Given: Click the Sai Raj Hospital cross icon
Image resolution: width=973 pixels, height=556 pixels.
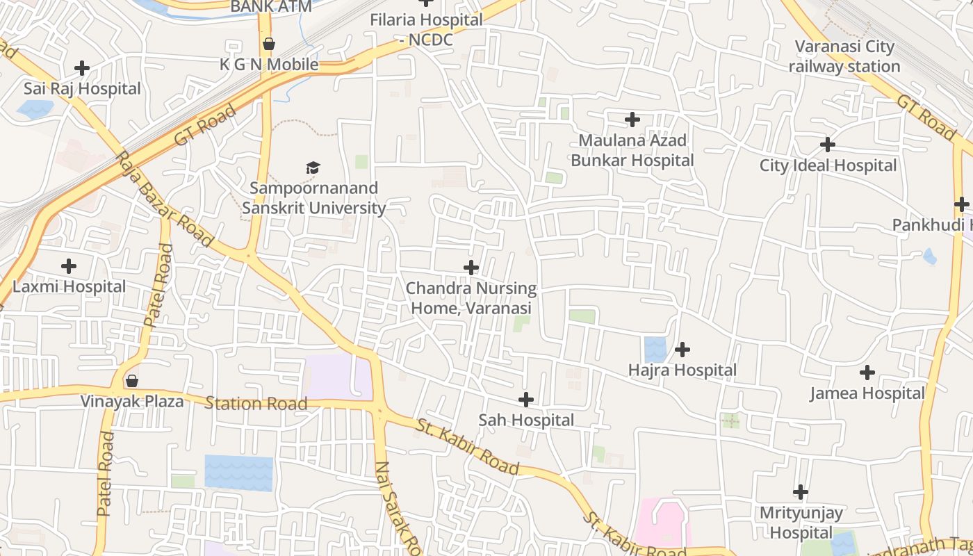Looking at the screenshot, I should [82, 68].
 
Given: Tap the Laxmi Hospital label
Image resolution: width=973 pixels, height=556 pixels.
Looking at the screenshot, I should [69, 286].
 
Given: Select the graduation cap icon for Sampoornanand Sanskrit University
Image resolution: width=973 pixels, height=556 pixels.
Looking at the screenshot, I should [313, 167].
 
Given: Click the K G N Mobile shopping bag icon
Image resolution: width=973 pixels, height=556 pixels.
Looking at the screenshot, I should [269, 44].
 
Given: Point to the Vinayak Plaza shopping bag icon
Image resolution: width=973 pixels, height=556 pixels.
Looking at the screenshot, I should [132, 381].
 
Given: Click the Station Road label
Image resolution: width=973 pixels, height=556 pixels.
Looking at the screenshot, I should [256, 403].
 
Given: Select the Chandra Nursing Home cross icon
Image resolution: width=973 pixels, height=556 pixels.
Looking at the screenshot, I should [471, 267].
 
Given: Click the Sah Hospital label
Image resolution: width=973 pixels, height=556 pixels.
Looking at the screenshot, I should [526, 420].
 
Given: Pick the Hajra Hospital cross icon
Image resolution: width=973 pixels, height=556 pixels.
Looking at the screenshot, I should [682, 349].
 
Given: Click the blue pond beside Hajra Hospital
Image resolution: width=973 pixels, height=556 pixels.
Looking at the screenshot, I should [655, 349].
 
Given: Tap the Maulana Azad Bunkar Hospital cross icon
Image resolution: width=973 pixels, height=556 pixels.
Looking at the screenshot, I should [632, 120].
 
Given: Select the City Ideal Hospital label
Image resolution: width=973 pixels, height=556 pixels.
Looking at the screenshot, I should [828, 165].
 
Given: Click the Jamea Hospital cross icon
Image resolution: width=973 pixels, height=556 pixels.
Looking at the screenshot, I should [867, 373].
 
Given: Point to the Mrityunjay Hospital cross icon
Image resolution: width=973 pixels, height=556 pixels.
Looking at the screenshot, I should [801, 492].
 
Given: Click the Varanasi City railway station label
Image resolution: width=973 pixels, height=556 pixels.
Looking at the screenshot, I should [844, 56].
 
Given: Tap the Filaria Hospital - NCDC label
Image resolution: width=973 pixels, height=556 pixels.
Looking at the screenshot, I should [426, 30].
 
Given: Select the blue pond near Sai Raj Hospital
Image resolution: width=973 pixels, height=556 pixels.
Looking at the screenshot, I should [35, 108].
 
